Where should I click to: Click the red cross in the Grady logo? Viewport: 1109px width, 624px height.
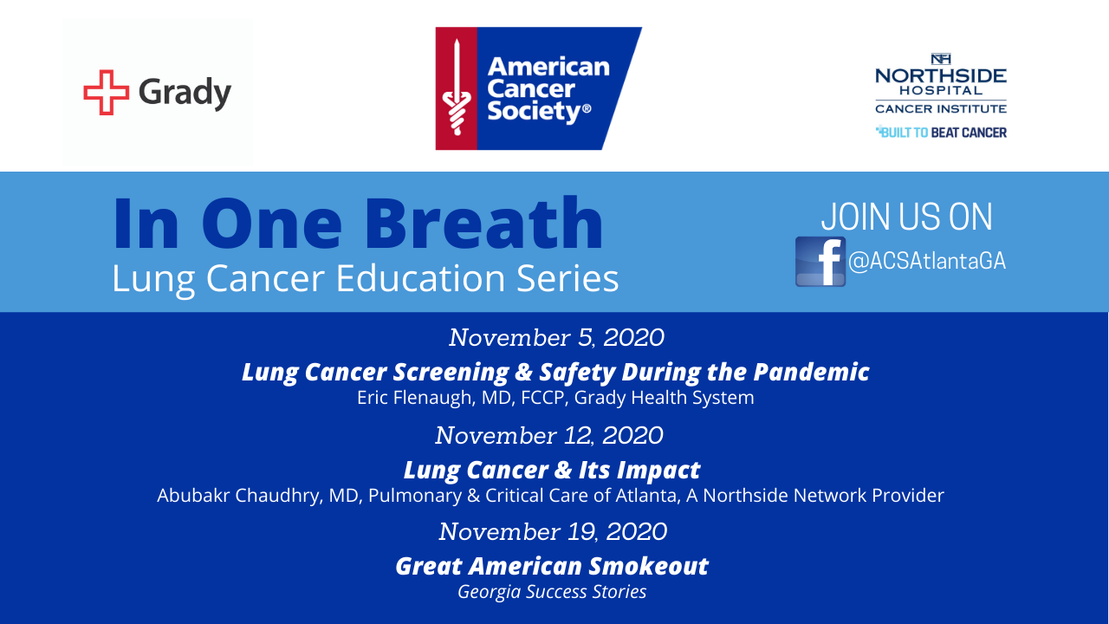pyautogui.click(x=106, y=92)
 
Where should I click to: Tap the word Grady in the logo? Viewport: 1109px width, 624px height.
pyautogui.click(x=185, y=93)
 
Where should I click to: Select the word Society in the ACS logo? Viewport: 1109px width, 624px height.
pyautogui.click(x=534, y=111)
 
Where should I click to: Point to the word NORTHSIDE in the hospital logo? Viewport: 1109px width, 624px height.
pyautogui.click(x=941, y=75)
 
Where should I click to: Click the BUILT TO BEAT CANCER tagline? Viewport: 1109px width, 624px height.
pyautogui.click(x=941, y=133)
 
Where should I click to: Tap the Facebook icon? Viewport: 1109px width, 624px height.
pyautogui.click(x=820, y=262)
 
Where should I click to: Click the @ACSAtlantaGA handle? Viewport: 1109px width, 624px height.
pyautogui.click(x=927, y=261)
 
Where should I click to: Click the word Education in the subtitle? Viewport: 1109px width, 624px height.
pyautogui.click(x=420, y=278)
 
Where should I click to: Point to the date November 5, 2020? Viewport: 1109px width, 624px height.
pyautogui.click(x=556, y=338)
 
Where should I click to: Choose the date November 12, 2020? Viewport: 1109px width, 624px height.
pyautogui.click(x=549, y=436)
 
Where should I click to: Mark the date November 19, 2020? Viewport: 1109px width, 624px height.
pyautogui.click(x=553, y=532)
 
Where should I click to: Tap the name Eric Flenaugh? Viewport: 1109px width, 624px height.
pyautogui.click(x=414, y=398)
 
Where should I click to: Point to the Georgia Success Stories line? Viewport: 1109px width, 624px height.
pyautogui.click(x=552, y=592)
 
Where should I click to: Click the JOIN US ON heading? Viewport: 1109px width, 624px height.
pyautogui.click(x=906, y=217)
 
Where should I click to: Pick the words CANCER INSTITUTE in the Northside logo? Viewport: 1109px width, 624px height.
pyautogui.click(x=941, y=108)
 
